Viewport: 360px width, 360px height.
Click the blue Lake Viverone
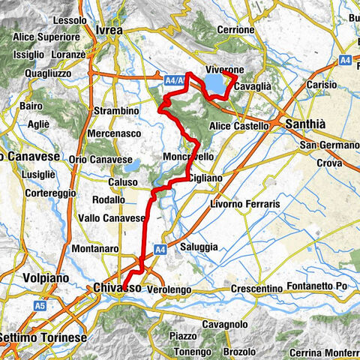(217, 82)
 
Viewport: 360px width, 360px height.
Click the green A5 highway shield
(41, 306)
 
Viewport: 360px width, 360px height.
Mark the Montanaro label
(92, 248)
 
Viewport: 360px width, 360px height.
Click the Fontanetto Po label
(322, 286)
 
